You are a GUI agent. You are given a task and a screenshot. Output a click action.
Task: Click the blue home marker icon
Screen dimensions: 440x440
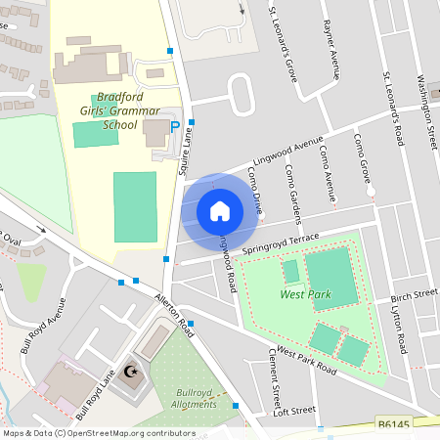(220, 210)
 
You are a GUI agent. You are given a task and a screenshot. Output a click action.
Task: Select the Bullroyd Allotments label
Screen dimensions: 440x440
(194, 396)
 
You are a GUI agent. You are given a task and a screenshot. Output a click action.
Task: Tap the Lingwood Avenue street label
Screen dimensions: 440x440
(288, 149)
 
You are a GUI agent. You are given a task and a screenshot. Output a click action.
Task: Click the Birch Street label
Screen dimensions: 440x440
(414, 294)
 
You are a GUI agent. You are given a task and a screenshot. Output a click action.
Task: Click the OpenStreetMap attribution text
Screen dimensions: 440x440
(98, 432)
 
